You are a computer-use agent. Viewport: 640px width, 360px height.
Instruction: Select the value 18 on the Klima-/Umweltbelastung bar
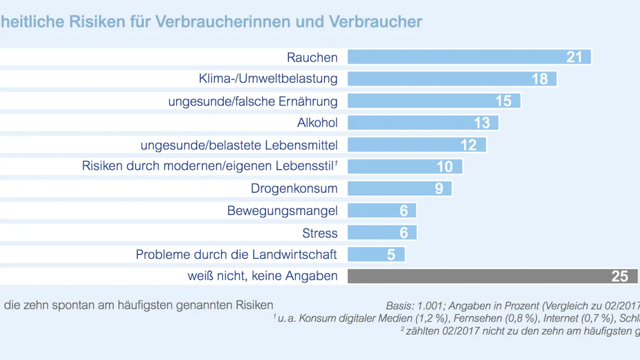pyautogui.click(x=539, y=79)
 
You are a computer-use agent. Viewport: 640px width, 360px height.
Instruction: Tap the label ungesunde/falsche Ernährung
pyautogui.click(x=253, y=101)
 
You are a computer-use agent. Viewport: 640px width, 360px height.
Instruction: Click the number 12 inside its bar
pyautogui.click(x=468, y=145)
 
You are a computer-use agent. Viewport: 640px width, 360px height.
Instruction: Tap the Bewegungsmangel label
pyautogui.click(x=282, y=211)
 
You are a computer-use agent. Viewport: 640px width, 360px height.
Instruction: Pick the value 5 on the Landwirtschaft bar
pyautogui.click(x=391, y=254)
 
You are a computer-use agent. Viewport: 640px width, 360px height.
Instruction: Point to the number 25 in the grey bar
pyautogui.click(x=619, y=277)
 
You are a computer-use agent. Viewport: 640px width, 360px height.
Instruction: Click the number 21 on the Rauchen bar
pyautogui.click(x=574, y=57)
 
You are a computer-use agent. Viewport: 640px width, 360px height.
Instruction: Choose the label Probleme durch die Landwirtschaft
pyautogui.click(x=236, y=254)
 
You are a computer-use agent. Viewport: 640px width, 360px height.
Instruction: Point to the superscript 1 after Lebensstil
pyautogui.click(x=336, y=163)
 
